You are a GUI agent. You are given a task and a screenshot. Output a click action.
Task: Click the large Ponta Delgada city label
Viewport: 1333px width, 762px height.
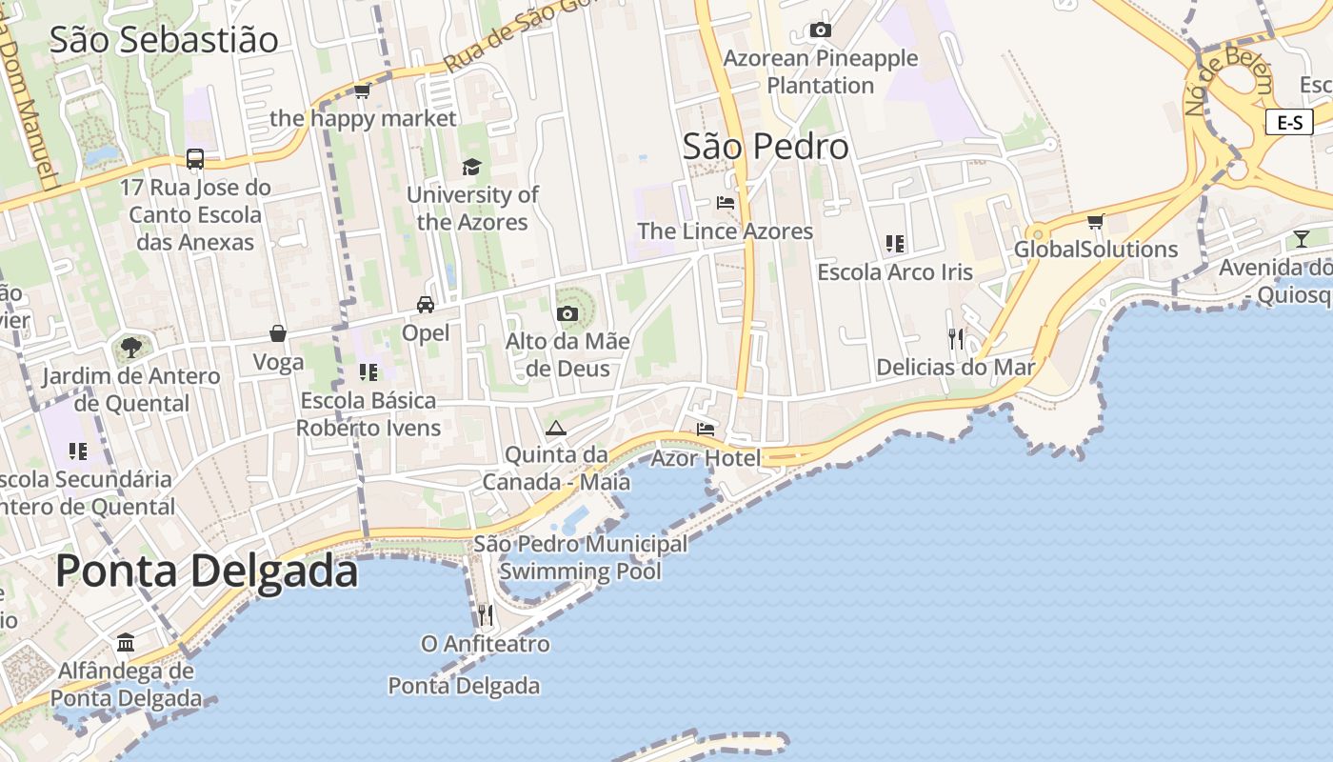pos(207,571)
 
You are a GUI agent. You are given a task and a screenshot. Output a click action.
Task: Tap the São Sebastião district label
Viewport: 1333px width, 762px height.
pos(164,40)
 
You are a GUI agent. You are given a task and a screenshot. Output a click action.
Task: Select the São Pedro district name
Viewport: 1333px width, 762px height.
pos(766,147)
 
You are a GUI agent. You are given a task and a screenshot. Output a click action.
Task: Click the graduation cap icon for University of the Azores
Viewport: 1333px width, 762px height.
pos(472,168)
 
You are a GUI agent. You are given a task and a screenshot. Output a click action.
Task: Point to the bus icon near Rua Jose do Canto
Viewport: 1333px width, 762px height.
pos(195,159)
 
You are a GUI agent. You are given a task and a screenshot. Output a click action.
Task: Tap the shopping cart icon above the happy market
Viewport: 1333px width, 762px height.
pos(362,91)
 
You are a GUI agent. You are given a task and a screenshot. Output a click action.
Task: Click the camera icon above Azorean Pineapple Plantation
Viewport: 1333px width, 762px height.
pos(820,30)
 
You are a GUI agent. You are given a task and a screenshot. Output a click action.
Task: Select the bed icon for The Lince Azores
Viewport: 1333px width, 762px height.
pos(726,203)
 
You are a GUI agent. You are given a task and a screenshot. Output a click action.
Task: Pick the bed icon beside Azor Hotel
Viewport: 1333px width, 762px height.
pos(706,430)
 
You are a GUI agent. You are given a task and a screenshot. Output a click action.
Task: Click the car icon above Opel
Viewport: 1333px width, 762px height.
pos(426,305)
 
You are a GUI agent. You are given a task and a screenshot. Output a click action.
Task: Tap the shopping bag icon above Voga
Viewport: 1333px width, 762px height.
pos(278,333)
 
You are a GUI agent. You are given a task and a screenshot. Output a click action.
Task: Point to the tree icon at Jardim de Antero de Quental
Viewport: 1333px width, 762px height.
pos(131,348)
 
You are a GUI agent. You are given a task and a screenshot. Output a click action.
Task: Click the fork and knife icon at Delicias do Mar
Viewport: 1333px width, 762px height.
pos(956,338)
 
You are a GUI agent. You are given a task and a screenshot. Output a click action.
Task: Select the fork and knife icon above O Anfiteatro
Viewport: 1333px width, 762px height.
pos(486,615)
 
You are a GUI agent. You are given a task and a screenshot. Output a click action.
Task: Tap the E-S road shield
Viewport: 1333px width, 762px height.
pos(1289,122)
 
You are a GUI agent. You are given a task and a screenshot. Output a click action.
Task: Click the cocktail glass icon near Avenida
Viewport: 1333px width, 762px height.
pos(1302,238)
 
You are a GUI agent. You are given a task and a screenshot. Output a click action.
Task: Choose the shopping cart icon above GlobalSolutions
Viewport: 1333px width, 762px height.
pos(1095,222)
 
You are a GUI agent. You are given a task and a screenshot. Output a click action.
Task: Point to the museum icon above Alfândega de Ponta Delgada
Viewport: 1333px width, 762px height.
pos(126,642)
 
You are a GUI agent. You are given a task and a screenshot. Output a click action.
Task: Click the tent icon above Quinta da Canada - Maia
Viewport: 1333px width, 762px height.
pos(556,428)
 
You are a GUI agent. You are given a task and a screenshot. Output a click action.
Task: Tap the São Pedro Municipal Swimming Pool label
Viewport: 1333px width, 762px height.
pos(580,558)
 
